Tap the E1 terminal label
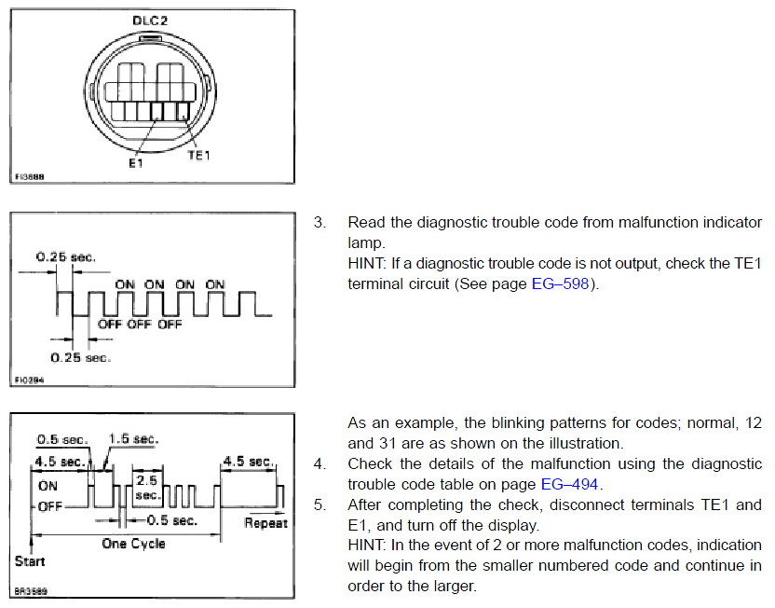[x=136, y=162]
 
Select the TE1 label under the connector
[x=198, y=156]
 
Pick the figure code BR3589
[x=30, y=590]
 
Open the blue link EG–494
[x=571, y=483]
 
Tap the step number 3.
[x=320, y=223]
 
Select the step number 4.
[x=320, y=463]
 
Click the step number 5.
[x=320, y=504]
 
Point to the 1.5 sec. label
[x=134, y=439]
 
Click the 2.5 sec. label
[x=147, y=488]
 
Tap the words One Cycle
[x=133, y=544]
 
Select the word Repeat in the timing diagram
[x=265, y=523]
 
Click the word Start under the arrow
[x=31, y=561]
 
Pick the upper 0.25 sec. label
[x=66, y=256]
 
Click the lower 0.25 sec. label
[x=80, y=357]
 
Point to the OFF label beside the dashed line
[x=50, y=506]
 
